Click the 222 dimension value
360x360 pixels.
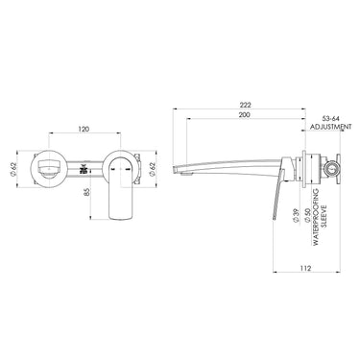(245, 105)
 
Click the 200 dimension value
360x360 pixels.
(245, 114)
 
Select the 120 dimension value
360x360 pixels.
(84, 129)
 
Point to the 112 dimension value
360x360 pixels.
(306, 268)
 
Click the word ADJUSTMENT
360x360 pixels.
(331, 127)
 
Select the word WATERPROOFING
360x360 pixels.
(316, 217)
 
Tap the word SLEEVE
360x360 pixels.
(324, 216)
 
